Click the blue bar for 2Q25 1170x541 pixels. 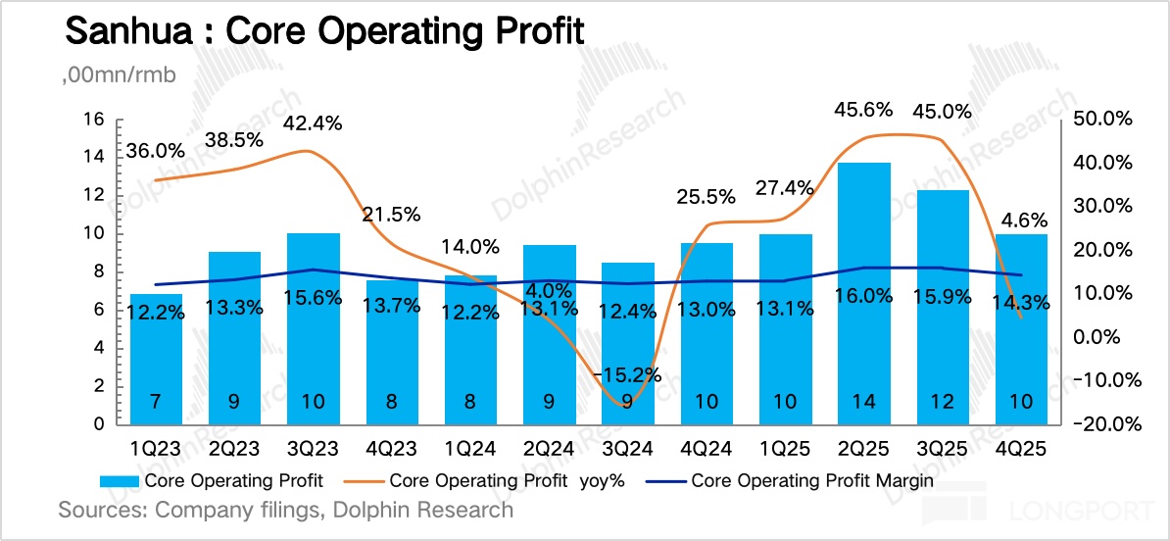[x=865, y=294]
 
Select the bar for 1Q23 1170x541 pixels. [x=157, y=359]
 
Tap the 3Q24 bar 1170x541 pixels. [x=628, y=343]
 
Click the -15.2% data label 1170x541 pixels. [x=628, y=374]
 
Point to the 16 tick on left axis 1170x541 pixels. [x=94, y=120]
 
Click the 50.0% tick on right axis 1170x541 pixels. [x=1104, y=120]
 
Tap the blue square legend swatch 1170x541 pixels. [x=120, y=481]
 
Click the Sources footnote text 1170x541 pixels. [x=285, y=510]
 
